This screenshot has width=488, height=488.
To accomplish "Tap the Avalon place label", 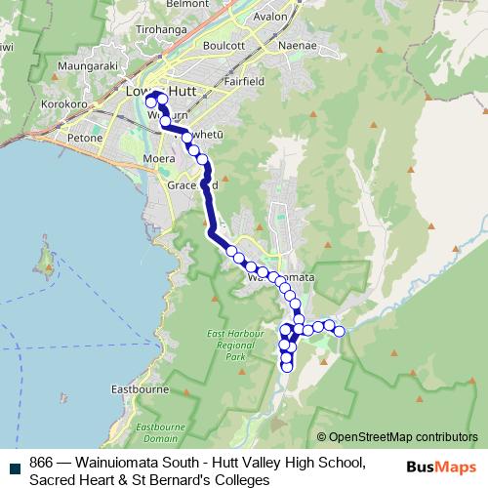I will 270,17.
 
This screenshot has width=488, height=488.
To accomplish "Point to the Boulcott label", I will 223,46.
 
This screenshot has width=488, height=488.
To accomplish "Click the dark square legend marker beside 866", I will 13,463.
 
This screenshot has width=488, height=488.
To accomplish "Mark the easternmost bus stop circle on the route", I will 340,332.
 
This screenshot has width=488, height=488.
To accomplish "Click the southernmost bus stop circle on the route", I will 287,367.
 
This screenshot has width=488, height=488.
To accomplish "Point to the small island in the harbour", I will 45,260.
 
